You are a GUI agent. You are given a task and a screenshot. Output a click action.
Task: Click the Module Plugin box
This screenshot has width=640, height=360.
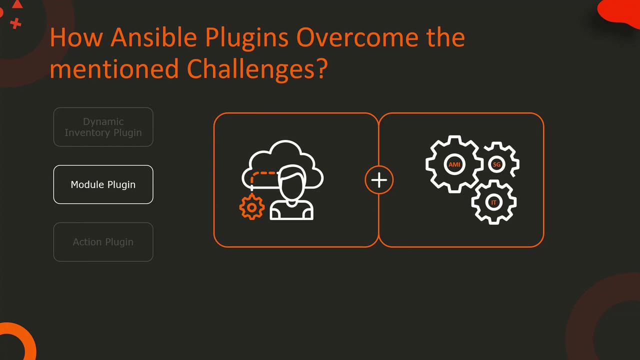point(103,184)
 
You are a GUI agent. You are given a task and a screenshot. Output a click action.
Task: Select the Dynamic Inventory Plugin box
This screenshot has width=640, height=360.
point(103,127)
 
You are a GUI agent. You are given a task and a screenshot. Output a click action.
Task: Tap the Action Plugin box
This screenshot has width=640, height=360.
point(103,241)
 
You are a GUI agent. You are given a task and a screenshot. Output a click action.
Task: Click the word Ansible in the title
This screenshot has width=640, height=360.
point(153,37)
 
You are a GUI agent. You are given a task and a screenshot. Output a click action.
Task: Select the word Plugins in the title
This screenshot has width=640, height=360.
point(246,38)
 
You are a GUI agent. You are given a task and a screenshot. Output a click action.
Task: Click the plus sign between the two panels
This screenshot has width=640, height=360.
point(379,180)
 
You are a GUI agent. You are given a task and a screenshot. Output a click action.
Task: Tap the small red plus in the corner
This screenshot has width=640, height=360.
point(15,23)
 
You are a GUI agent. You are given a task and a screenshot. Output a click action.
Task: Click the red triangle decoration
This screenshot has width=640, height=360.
point(17,4)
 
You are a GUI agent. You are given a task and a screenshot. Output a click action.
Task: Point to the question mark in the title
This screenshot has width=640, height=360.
point(321,68)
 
